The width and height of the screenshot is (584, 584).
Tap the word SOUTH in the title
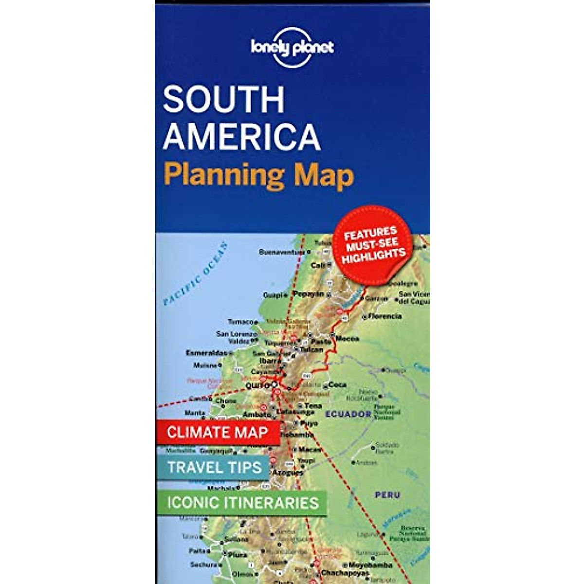pyautogui.click(x=223, y=99)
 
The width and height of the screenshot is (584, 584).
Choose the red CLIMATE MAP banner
pyautogui.click(x=218, y=432)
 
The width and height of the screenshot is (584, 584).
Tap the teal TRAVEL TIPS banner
pyautogui.click(x=215, y=468)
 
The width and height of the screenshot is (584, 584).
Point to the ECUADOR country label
pyautogui.click(x=348, y=414)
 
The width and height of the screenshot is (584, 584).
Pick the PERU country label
pyautogui.click(x=387, y=495)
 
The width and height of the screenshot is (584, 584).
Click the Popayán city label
pyautogui.click(x=308, y=294)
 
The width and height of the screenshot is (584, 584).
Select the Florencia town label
pyautogui.click(x=385, y=316)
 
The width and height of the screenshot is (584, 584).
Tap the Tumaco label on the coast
pyautogui.click(x=240, y=322)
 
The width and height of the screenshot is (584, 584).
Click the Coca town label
pyautogui.click(x=338, y=384)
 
